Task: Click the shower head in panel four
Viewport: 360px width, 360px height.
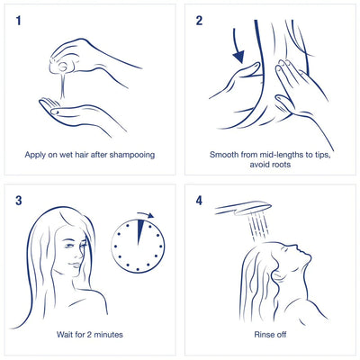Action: pyautogui.click(x=242, y=208)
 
